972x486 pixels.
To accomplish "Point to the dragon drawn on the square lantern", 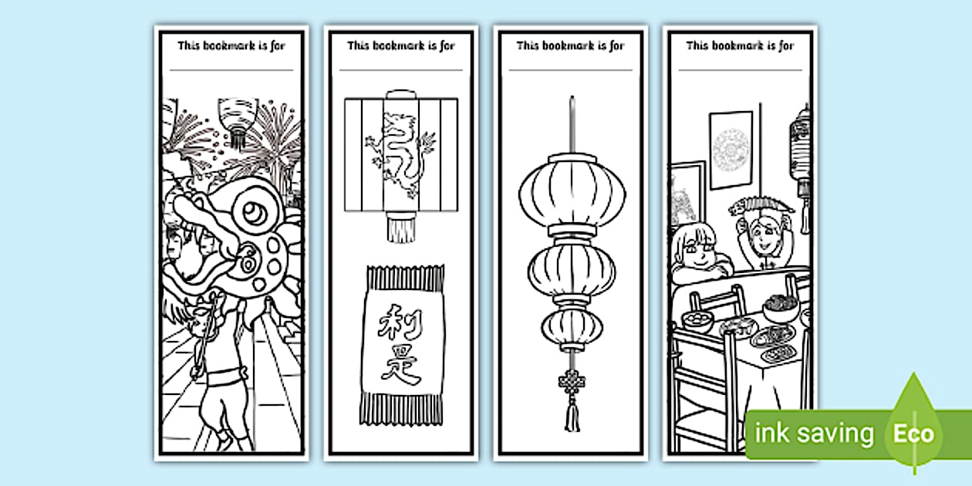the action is pyautogui.click(x=400, y=155).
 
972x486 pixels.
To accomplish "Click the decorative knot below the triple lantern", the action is pyautogui.click(x=572, y=383).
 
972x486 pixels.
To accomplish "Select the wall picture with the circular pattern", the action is pyautogui.click(x=731, y=150).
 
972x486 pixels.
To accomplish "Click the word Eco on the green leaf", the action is pyautogui.click(x=913, y=434).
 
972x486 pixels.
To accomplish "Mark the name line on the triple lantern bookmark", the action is pyautogui.click(x=570, y=69).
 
